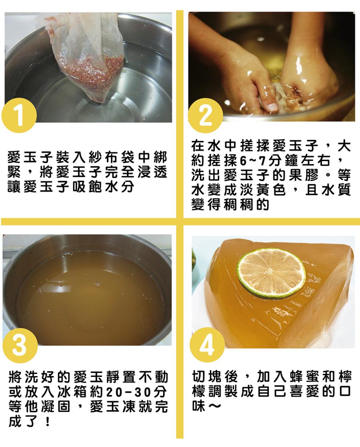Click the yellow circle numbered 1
click(19, 116)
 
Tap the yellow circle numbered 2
click(205, 116)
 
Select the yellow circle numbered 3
click(20, 346)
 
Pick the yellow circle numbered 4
click(207, 345)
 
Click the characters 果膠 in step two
click(303, 175)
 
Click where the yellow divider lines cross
click(180, 221)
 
